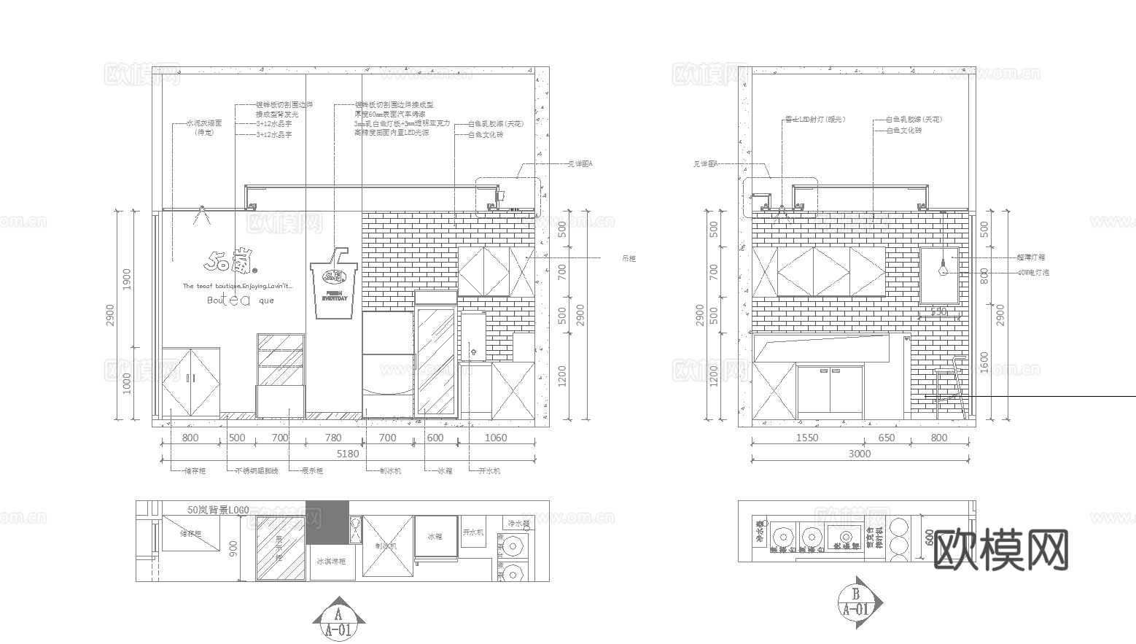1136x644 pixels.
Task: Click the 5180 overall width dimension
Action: (349, 454)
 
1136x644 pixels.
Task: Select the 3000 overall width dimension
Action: (860, 454)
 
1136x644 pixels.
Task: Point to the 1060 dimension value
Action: (495, 438)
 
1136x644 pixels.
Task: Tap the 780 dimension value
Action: (332, 438)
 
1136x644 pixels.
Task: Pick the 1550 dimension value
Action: (806, 438)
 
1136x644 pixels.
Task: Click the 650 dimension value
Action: (886, 438)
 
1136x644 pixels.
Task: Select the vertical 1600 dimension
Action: (984, 362)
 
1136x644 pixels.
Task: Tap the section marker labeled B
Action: (858, 602)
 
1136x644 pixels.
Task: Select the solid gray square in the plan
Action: (327, 522)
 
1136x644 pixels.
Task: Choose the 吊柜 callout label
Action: (628, 258)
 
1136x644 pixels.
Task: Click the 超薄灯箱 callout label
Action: (1031, 257)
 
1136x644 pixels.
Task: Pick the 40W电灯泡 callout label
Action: (1033, 272)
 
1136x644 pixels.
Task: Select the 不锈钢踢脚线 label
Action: (257, 471)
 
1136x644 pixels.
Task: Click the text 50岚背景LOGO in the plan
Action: (218, 510)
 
